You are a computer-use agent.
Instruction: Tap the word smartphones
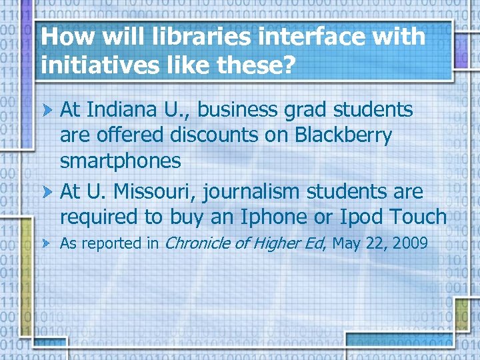[x=120, y=161]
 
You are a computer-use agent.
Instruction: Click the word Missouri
[x=154, y=192]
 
